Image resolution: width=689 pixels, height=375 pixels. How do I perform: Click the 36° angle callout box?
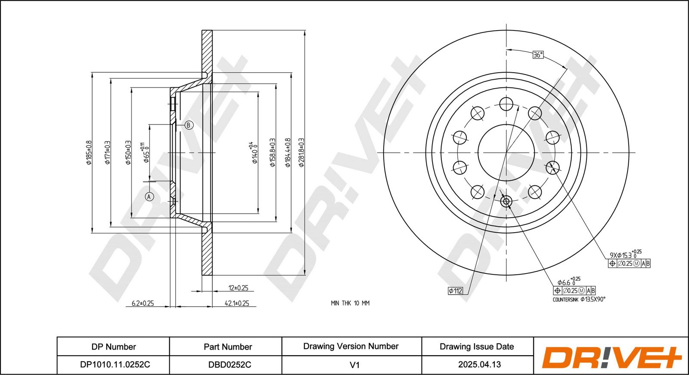pos(538,55)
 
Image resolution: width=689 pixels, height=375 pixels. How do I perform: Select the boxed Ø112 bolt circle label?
pos(456,291)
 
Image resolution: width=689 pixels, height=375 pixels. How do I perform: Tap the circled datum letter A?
pos(149,197)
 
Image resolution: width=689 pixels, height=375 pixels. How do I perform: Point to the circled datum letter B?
pos(189,125)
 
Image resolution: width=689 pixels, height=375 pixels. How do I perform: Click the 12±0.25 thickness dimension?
pos(239,288)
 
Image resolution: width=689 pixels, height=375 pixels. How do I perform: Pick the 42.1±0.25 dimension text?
pos(237,303)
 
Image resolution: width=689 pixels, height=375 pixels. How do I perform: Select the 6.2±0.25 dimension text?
pos(143,303)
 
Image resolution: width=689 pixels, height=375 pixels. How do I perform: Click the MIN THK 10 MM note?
pos(350,303)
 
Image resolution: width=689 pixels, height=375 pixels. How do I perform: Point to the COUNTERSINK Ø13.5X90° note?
pos(579,299)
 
